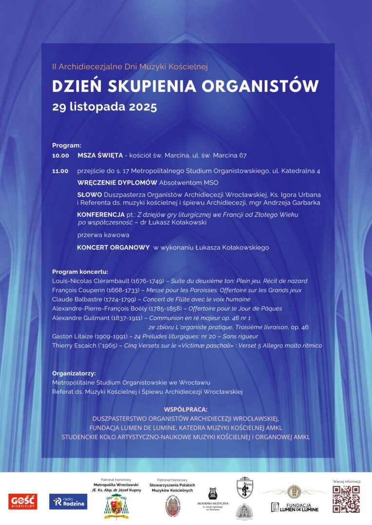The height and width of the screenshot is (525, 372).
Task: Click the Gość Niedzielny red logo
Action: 22,501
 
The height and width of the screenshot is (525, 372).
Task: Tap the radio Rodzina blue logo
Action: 68,501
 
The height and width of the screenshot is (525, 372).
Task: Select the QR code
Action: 346,499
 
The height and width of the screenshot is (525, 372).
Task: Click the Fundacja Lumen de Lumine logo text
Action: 295,507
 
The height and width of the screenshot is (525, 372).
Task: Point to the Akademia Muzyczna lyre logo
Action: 212,494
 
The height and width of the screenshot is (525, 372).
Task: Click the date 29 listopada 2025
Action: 105,107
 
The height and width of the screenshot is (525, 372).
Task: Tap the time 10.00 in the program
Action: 61,156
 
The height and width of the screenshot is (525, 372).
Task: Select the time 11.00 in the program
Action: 61,171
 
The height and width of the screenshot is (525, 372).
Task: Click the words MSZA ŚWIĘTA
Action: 100,156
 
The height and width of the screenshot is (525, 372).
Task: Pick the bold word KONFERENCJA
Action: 101,214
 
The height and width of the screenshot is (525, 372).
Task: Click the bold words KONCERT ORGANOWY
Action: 113,247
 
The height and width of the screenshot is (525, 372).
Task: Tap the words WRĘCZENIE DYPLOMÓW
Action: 117,183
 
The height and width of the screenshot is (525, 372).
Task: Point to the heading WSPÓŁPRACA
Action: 186,409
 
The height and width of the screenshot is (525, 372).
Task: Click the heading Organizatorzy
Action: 74,373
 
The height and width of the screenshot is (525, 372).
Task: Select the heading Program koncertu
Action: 80,272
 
